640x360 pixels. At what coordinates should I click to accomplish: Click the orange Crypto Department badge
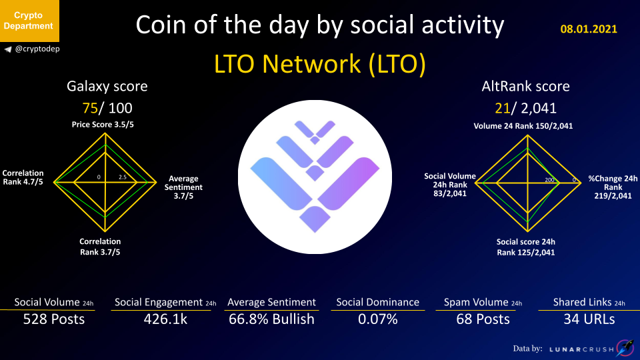(29, 21)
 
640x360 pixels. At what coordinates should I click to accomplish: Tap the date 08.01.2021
(589, 29)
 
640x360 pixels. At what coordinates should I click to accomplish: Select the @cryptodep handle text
(37, 49)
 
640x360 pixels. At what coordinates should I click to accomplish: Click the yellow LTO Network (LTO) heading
(319, 64)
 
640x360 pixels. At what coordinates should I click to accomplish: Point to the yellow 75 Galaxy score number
(90, 108)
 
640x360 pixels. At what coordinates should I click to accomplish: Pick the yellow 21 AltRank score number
(503, 108)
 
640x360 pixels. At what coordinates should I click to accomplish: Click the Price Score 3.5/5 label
(103, 125)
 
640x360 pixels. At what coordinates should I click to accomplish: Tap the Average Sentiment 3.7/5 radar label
(183, 187)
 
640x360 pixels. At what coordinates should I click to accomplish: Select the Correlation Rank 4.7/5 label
(23, 177)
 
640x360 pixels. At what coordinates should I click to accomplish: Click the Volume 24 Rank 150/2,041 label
(523, 126)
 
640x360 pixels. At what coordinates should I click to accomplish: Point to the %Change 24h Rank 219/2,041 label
(613, 187)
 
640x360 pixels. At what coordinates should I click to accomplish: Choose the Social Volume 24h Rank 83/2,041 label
(450, 185)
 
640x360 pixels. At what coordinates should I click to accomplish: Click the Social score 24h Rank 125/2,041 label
(526, 247)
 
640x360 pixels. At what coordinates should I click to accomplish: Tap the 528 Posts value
(54, 319)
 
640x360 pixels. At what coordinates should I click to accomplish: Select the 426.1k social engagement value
(165, 319)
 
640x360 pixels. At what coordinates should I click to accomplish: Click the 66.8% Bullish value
(271, 319)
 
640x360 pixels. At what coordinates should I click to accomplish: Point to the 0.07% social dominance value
(377, 319)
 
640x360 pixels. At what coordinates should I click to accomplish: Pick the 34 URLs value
(589, 319)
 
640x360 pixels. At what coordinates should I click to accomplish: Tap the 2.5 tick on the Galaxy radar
(123, 177)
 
